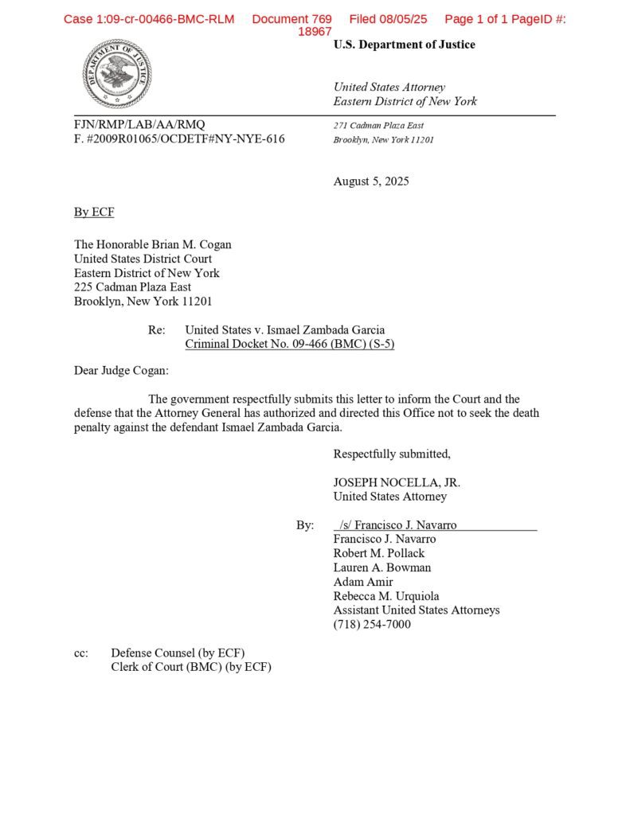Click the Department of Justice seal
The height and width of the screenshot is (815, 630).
click(x=116, y=75)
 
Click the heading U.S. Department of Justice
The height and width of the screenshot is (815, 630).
click(x=404, y=45)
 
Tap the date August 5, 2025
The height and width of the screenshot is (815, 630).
click(x=371, y=181)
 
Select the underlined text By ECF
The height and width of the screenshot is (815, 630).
click(x=94, y=212)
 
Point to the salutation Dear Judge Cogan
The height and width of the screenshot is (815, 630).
click(x=121, y=370)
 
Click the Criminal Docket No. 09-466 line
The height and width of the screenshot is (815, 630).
click(x=289, y=344)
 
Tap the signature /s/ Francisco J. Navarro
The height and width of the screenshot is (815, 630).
click(x=397, y=524)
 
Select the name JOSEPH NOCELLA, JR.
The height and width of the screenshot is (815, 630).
click(x=397, y=482)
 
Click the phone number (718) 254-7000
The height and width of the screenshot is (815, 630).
click(x=372, y=625)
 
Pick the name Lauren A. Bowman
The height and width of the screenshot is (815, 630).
click(x=382, y=567)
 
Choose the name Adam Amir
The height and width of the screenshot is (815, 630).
click(x=363, y=582)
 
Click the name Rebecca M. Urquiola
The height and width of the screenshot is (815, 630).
click(x=386, y=596)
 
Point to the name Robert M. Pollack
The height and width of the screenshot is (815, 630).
click(x=379, y=553)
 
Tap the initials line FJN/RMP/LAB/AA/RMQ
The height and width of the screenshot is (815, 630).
click(x=139, y=124)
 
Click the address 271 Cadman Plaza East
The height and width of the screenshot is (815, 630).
click(x=378, y=125)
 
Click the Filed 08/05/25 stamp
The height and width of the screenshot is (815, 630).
click(x=388, y=19)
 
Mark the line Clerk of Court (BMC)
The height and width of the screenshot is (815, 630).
click(x=191, y=667)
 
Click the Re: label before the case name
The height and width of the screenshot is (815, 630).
click(x=157, y=330)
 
